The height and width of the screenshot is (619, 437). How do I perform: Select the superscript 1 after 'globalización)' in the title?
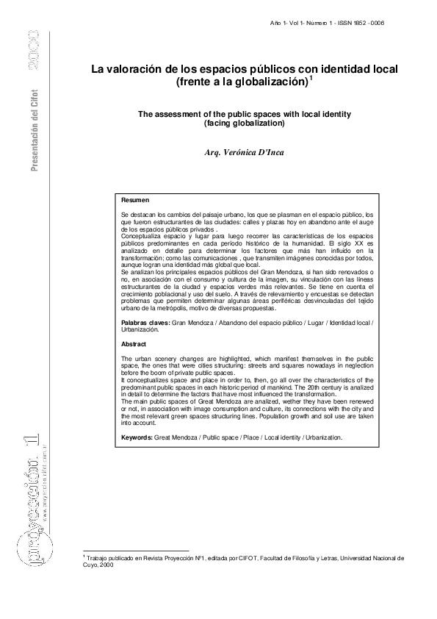point(311,79)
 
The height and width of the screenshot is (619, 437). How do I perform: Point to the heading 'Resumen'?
point(135,200)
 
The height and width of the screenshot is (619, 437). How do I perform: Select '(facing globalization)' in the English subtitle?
point(243,124)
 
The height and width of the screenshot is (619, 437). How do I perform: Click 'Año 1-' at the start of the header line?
point(281,23)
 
